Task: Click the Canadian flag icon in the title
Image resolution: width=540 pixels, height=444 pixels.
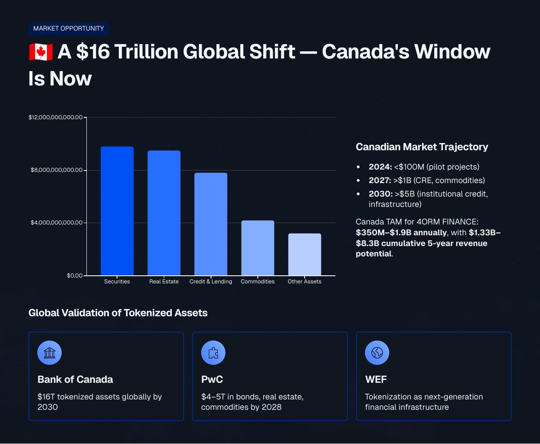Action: (x=40, y=52)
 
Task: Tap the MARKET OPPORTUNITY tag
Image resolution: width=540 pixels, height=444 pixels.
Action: (x=68, y=28)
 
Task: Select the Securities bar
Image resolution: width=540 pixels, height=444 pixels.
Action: (x=117, y=211)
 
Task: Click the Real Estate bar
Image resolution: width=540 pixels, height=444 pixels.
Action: (x=164, y=213)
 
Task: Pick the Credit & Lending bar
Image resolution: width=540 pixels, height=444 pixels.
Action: (x=211, y=224)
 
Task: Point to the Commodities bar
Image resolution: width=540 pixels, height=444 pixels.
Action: (x=257, y=248)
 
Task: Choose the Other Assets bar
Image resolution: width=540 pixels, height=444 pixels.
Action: (x=305, y=254)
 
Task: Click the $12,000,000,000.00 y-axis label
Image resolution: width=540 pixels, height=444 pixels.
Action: (x=55, y=117)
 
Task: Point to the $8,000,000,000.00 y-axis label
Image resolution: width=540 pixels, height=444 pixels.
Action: (x=57, y=170)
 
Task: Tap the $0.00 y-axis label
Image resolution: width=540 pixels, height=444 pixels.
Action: (x=75, y=276)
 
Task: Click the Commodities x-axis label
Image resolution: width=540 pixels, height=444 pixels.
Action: (x=257, y=282)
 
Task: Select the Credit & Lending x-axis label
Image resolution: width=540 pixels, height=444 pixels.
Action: (x=211, y=282)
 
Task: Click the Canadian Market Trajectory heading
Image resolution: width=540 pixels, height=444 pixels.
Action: (x=422, y=147)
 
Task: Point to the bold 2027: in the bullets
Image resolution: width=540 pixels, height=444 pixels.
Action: (x=380, y=180)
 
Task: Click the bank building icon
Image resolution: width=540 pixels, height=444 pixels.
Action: (x=49, y=353)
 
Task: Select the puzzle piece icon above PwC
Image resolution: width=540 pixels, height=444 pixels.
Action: (x=213, y=353)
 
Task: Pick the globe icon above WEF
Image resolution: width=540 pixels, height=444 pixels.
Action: (x=377, y=353)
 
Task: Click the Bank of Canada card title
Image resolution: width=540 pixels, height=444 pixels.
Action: (x=75, y=380)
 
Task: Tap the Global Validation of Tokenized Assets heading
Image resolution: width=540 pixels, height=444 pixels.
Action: (x=118, y=313)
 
